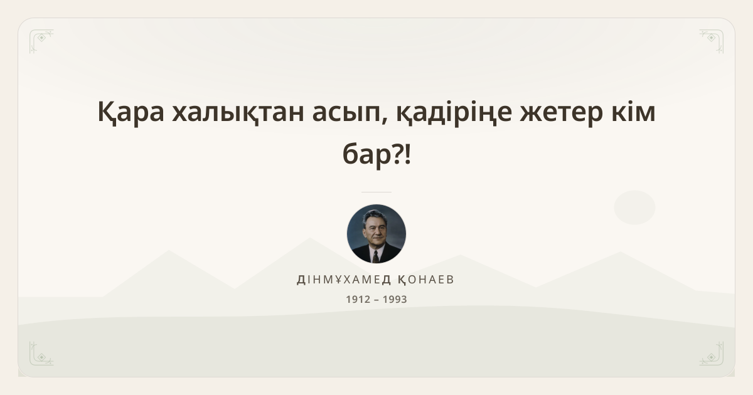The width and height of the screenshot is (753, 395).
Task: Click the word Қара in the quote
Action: click(131, 112)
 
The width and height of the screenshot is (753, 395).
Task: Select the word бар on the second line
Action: click(367, 154)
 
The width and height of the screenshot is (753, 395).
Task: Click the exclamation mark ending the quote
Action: click(407, 154)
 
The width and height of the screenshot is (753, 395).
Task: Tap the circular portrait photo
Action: click(376, 234)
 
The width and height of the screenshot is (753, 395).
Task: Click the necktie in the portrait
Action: click(375, 256)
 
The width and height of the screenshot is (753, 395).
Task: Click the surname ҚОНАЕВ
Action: click(426, 280)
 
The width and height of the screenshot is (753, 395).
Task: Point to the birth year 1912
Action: click(358, 299)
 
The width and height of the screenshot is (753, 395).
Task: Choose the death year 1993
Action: click(395, 299)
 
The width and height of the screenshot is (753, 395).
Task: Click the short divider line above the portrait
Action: click(376, 192)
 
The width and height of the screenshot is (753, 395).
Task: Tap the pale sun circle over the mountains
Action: click(634, 208)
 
